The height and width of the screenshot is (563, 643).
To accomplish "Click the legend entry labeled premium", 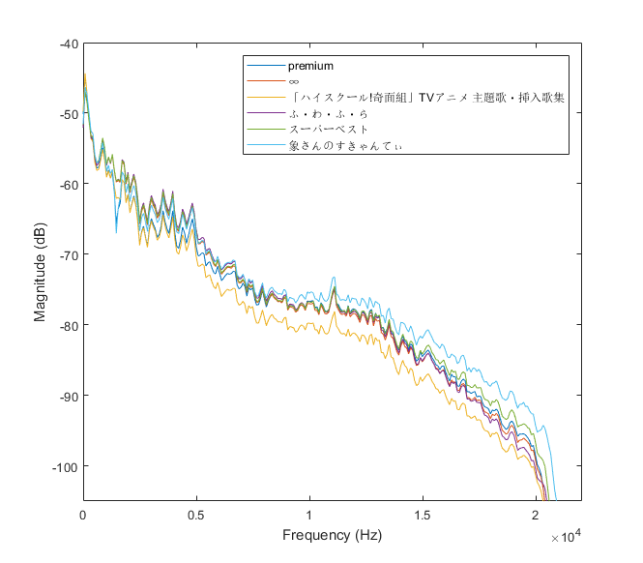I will (310, 66).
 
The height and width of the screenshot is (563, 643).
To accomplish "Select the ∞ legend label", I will (294, 82).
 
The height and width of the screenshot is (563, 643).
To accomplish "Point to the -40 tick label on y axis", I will (68, 44).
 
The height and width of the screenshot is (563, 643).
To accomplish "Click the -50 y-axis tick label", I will (68, 114).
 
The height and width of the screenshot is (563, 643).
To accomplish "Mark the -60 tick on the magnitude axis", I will (68, 184).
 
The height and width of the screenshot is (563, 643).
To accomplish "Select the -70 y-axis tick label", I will (68, 254).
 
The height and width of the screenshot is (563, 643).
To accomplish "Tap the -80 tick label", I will (68, 325).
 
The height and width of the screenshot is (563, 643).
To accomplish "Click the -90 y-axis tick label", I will (68, 396).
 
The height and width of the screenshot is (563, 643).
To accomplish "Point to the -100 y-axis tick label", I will (65, 466).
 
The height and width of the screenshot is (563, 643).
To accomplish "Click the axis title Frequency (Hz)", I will (332, 535).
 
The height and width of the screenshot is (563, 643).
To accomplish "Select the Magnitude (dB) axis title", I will (41, 272).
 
